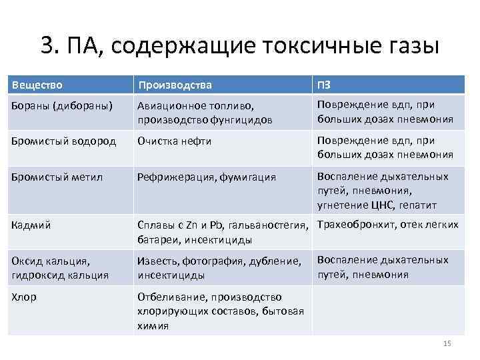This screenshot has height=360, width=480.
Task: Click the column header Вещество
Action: pos(37,85)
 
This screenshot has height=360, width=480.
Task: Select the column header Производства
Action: pos(175,85)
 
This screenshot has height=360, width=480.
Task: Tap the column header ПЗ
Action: pos(323,85)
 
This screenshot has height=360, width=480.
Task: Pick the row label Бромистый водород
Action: pos(64,141)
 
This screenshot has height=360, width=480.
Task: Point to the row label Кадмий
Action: pos(29,225)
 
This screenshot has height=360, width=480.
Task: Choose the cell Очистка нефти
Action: pos(175,141)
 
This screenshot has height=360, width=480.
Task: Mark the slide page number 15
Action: pos(447,343)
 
